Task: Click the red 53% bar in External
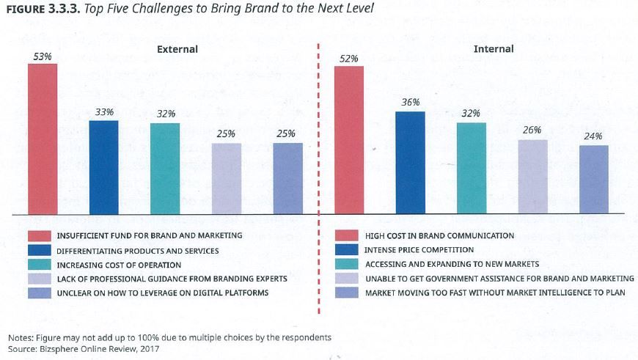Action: point(43,139)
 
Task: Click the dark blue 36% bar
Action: point(410,163)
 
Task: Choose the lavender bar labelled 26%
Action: point(532,177)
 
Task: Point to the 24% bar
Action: point(593,180)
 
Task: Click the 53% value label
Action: point(43,56)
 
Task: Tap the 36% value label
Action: point(410,103)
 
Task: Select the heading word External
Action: point(177,49)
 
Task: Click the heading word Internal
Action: point(494,49)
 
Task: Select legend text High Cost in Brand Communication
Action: point(439,236)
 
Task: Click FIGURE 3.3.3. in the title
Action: point(43,9)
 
